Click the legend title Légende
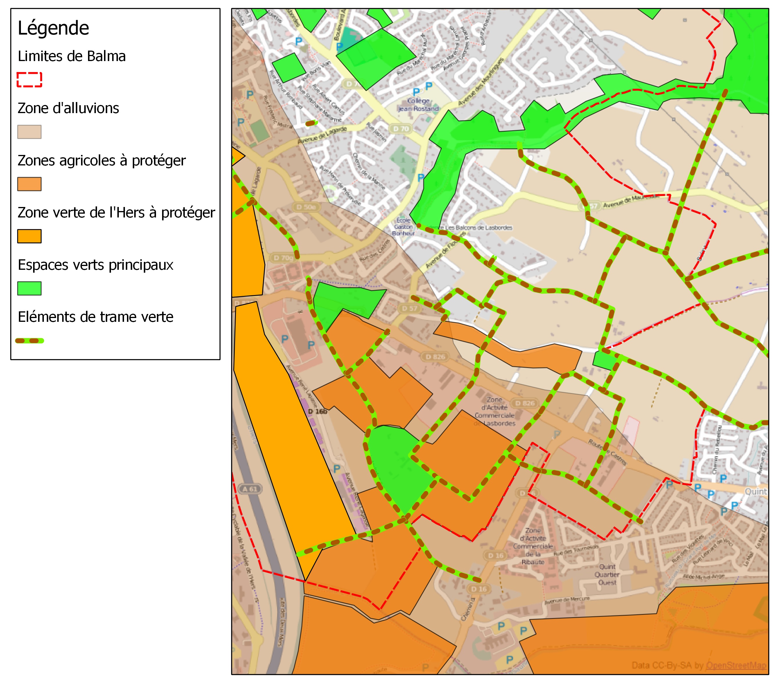pos(53,28)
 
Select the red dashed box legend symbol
pos(29,80)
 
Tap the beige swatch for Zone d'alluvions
pos(29,132)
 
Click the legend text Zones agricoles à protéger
pos(101,160)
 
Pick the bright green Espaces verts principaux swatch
pos(29,288)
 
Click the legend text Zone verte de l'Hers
pos(116,213)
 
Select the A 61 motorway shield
pos(250,489)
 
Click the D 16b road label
pos(317,411)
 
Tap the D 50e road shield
pos(306,207)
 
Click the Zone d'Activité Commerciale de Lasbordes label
pos(494,411)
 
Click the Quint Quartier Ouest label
pos(607,574)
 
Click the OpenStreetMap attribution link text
pos(736,665)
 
